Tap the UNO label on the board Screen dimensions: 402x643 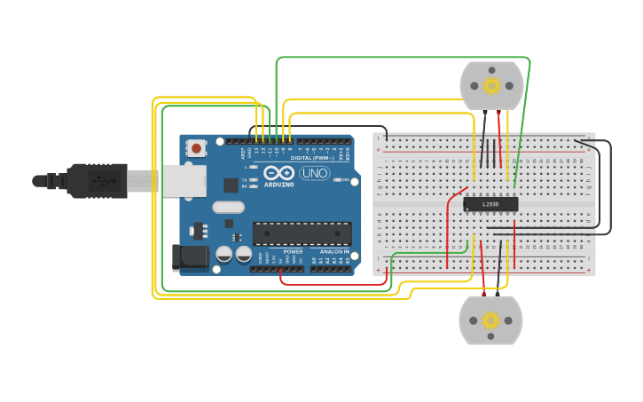[314, 173]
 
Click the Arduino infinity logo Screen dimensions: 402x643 [278, 173]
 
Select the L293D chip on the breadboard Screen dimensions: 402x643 [490, 204]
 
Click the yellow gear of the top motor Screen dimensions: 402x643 [491, 85]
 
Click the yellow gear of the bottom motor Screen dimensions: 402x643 [490, 320]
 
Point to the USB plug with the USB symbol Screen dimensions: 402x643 [98, 180]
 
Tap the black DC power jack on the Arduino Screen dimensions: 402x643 [189, 257]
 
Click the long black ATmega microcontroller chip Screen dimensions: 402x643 [302, 233]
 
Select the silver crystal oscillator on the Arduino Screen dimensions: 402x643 [228, 207]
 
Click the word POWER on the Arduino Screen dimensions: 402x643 [293, 252]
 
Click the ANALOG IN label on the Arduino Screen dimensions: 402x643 [334, 252]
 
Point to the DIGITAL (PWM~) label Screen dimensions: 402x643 [310, 158]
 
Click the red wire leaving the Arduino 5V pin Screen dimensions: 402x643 [282, 278]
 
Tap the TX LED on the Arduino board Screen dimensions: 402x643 [254, 179]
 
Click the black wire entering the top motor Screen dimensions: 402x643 [484, 124]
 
